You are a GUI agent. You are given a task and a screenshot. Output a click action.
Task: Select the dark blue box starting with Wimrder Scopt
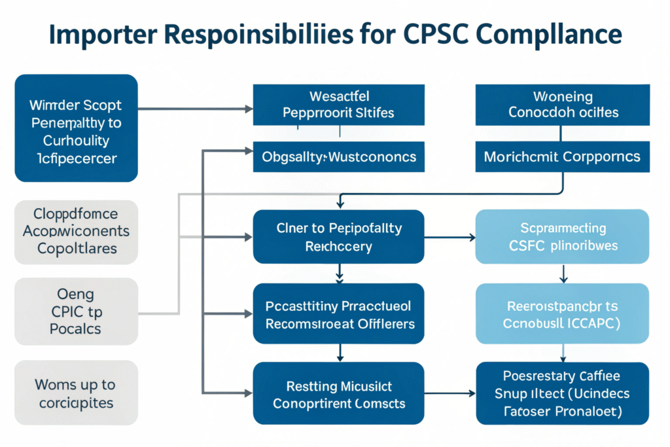(x=77, y=128)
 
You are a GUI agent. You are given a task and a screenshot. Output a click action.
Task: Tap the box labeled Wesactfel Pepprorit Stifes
(x=338, y=104)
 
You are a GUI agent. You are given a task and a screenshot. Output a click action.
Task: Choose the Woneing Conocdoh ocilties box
(x=563, y=104)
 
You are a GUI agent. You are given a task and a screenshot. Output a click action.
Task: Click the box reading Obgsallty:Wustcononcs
(x=338, y=157)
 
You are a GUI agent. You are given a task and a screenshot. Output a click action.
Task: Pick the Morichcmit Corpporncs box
(x=563, y=157)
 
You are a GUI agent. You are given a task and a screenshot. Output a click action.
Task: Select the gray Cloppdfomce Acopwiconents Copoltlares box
(x=77, y=231)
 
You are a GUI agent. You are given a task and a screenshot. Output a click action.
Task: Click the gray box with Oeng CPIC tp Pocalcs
(x=77, y=312)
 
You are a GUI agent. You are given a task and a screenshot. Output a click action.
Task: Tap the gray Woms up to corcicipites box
(x=77, y=393)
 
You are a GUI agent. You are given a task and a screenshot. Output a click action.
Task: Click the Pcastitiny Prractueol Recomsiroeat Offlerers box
(x=338, y=315)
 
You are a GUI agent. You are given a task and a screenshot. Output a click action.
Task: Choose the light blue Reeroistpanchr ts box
(x=563, y=315)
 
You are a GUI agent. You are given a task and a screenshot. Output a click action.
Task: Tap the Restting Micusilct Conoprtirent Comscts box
(x=338, y=394)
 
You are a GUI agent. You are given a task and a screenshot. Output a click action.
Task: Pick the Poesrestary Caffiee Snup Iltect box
(x=563, y=394)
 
